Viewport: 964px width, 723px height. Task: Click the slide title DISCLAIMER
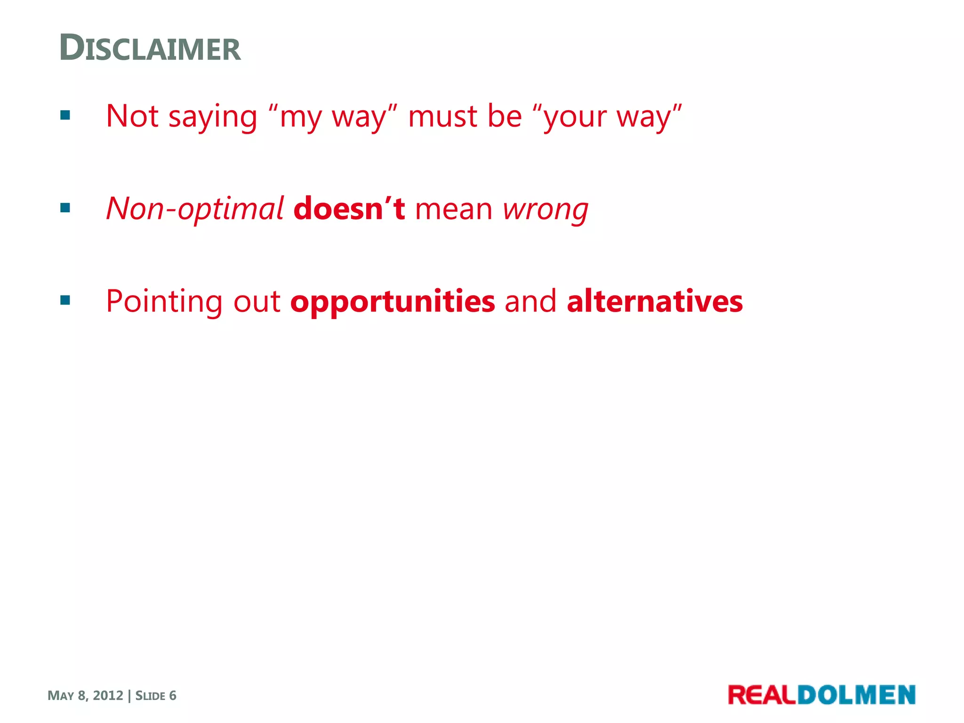[x=150, y=48]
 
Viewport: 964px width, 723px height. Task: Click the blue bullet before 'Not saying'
[x=65, y=115]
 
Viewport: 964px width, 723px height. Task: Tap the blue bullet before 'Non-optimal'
[x=65, y=208]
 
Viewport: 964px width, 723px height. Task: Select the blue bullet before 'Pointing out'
[x=65, y=300]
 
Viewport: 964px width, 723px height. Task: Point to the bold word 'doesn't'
[x=348, y=209]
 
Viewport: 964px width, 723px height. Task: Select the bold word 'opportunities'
[x=393, y=302]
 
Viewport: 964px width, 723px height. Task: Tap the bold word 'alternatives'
[x=655, y=301]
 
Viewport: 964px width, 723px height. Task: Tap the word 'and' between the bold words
[x=530, y=301]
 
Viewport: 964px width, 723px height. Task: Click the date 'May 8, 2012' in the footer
[x=85, y=695]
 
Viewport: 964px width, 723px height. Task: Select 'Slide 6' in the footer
[x=156, y=695]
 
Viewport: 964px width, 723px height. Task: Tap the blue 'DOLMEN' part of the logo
[x=856, y=695]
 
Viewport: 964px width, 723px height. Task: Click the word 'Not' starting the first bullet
[x=132, y=116]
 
